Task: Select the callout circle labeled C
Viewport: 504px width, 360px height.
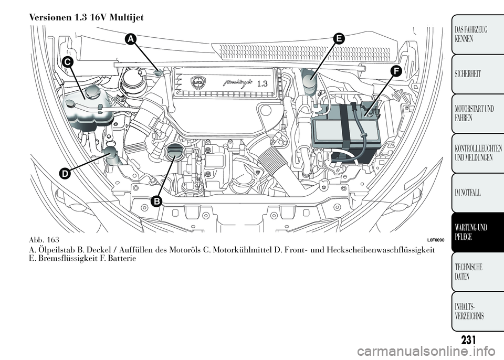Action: point(67,61)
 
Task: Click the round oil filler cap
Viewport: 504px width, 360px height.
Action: point(173,153)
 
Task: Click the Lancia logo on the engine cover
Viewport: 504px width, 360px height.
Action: point(198,83)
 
